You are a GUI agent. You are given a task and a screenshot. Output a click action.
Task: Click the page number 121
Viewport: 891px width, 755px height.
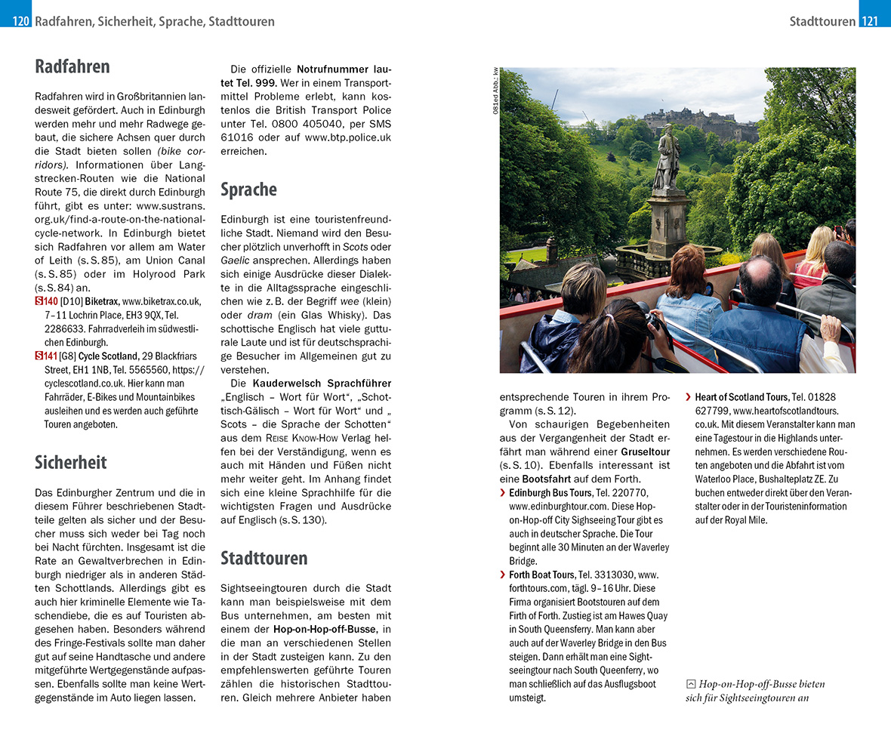point(870,21)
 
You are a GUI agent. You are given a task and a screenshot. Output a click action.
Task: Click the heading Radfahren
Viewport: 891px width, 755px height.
point(72,66)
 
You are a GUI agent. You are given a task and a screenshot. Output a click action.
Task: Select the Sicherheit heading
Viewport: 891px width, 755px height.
point(71,462)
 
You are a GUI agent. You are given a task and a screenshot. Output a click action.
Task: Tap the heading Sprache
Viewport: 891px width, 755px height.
point(248,190)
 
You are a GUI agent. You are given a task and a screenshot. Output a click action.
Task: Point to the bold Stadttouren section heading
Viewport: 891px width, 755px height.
point(264,558)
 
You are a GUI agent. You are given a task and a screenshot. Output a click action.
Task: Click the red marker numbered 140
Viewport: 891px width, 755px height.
point(46,301)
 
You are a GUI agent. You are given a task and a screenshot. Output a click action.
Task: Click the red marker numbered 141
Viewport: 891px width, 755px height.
point(46,356)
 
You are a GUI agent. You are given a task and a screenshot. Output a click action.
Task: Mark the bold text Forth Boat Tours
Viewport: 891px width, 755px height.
point(541,575)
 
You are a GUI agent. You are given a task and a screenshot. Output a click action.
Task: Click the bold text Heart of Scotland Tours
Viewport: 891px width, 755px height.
point(741,397)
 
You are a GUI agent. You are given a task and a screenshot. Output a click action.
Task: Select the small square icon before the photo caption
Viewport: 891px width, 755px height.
point(690,684)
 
